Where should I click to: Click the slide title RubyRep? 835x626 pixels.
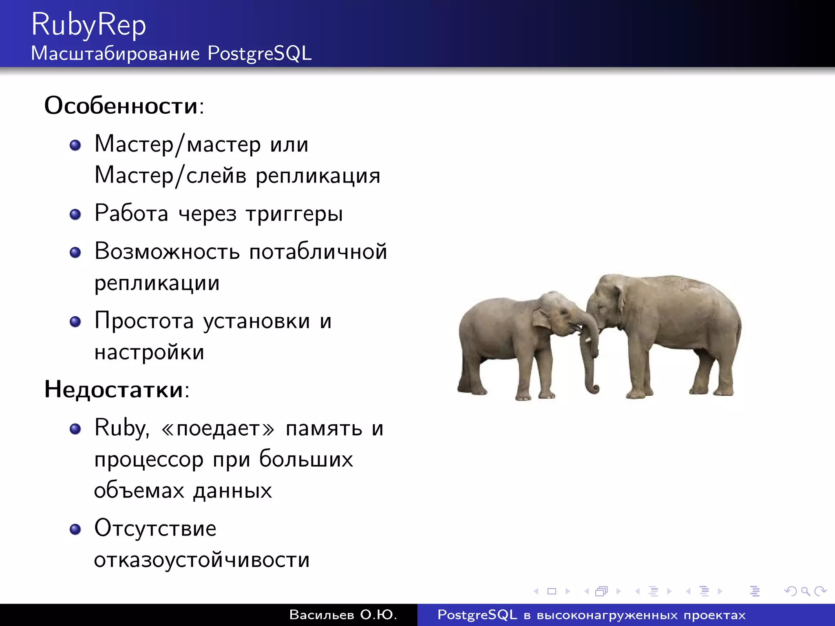(x=88, y=25)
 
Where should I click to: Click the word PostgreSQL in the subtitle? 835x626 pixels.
(x=259, y=53)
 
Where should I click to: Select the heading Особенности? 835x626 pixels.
(x=121, y=106)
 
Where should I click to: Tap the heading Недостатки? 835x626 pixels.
(x=114, y=389)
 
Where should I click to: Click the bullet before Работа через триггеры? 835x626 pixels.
(x=75, y=214)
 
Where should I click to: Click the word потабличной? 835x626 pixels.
(x=318, y=251)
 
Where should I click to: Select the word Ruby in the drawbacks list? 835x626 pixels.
(x=121, y=428)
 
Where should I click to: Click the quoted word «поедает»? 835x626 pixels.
(x=218, y=428)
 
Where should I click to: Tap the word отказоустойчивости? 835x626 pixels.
(x=202, y=560)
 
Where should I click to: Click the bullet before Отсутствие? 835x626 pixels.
(x=75, y=529)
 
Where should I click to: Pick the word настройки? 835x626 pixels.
(x=149, y=352)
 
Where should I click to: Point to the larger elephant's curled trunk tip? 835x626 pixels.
(x=594, y=389)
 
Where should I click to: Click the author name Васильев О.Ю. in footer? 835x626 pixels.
(x=343, y=615)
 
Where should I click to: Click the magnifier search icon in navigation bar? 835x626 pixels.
(x=805, y=591)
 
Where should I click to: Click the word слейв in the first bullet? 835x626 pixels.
(x=216, y=176)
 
